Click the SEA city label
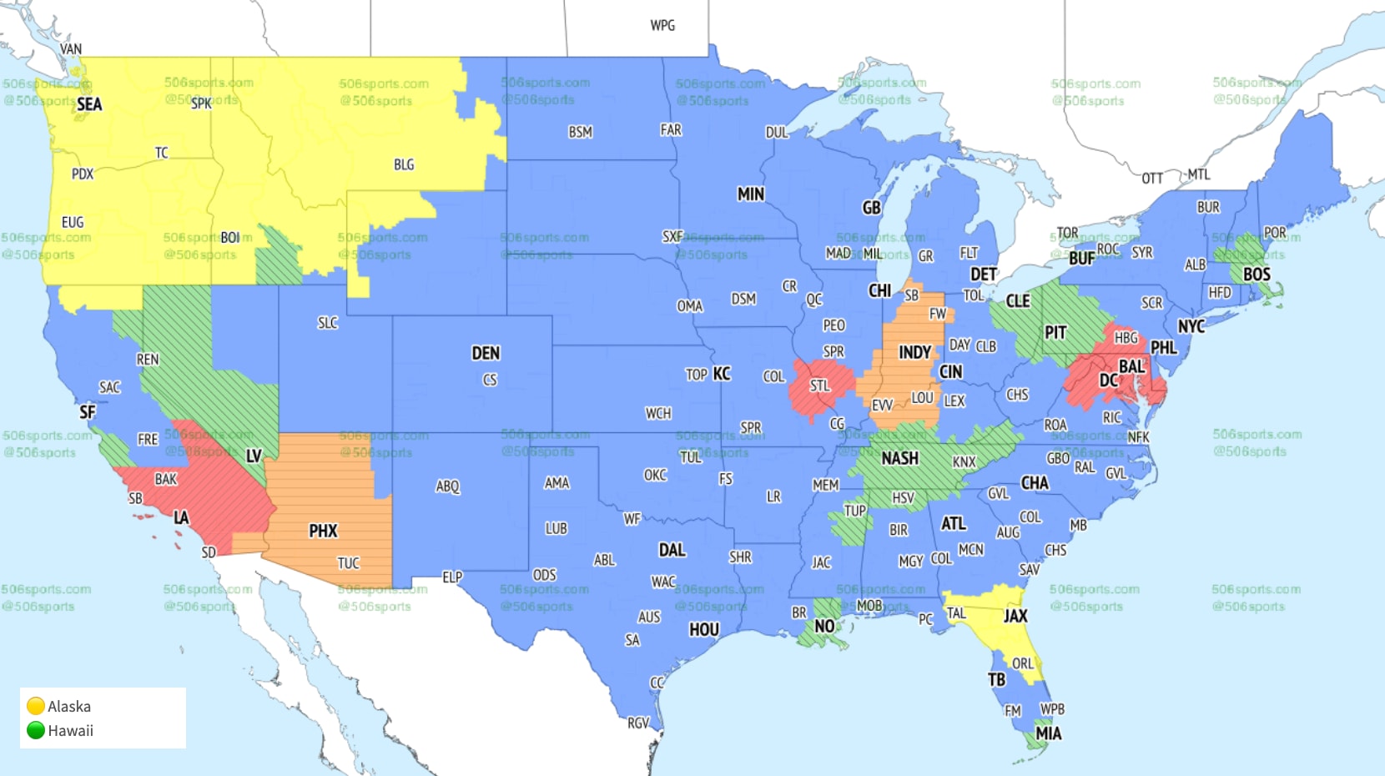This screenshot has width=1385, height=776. (89, 104)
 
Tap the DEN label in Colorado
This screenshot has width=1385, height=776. (486, 353)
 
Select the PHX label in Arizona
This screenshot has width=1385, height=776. (323, 531)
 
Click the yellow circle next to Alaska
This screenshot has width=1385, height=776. (36, 706)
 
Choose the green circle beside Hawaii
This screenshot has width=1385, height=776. (36, 730)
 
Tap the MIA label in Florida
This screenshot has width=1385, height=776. (1048, 733)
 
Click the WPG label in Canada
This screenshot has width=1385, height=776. (662, 25)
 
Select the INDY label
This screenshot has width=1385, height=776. (914, 352)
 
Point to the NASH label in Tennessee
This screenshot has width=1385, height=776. (899, 458)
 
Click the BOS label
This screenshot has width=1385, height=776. (1257, 275)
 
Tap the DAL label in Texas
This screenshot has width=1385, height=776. (672, 550)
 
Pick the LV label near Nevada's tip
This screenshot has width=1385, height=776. (254, 456)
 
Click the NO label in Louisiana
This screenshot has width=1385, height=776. (824, 626)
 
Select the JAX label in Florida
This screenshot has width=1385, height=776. (1015, 616)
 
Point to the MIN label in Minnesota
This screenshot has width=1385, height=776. (750, 194)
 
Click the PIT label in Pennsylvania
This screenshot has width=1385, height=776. (1055, 333)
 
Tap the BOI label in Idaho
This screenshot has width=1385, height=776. (230, 238)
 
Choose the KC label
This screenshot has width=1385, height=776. (722, 374)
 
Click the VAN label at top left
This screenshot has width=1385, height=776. (71, 49)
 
